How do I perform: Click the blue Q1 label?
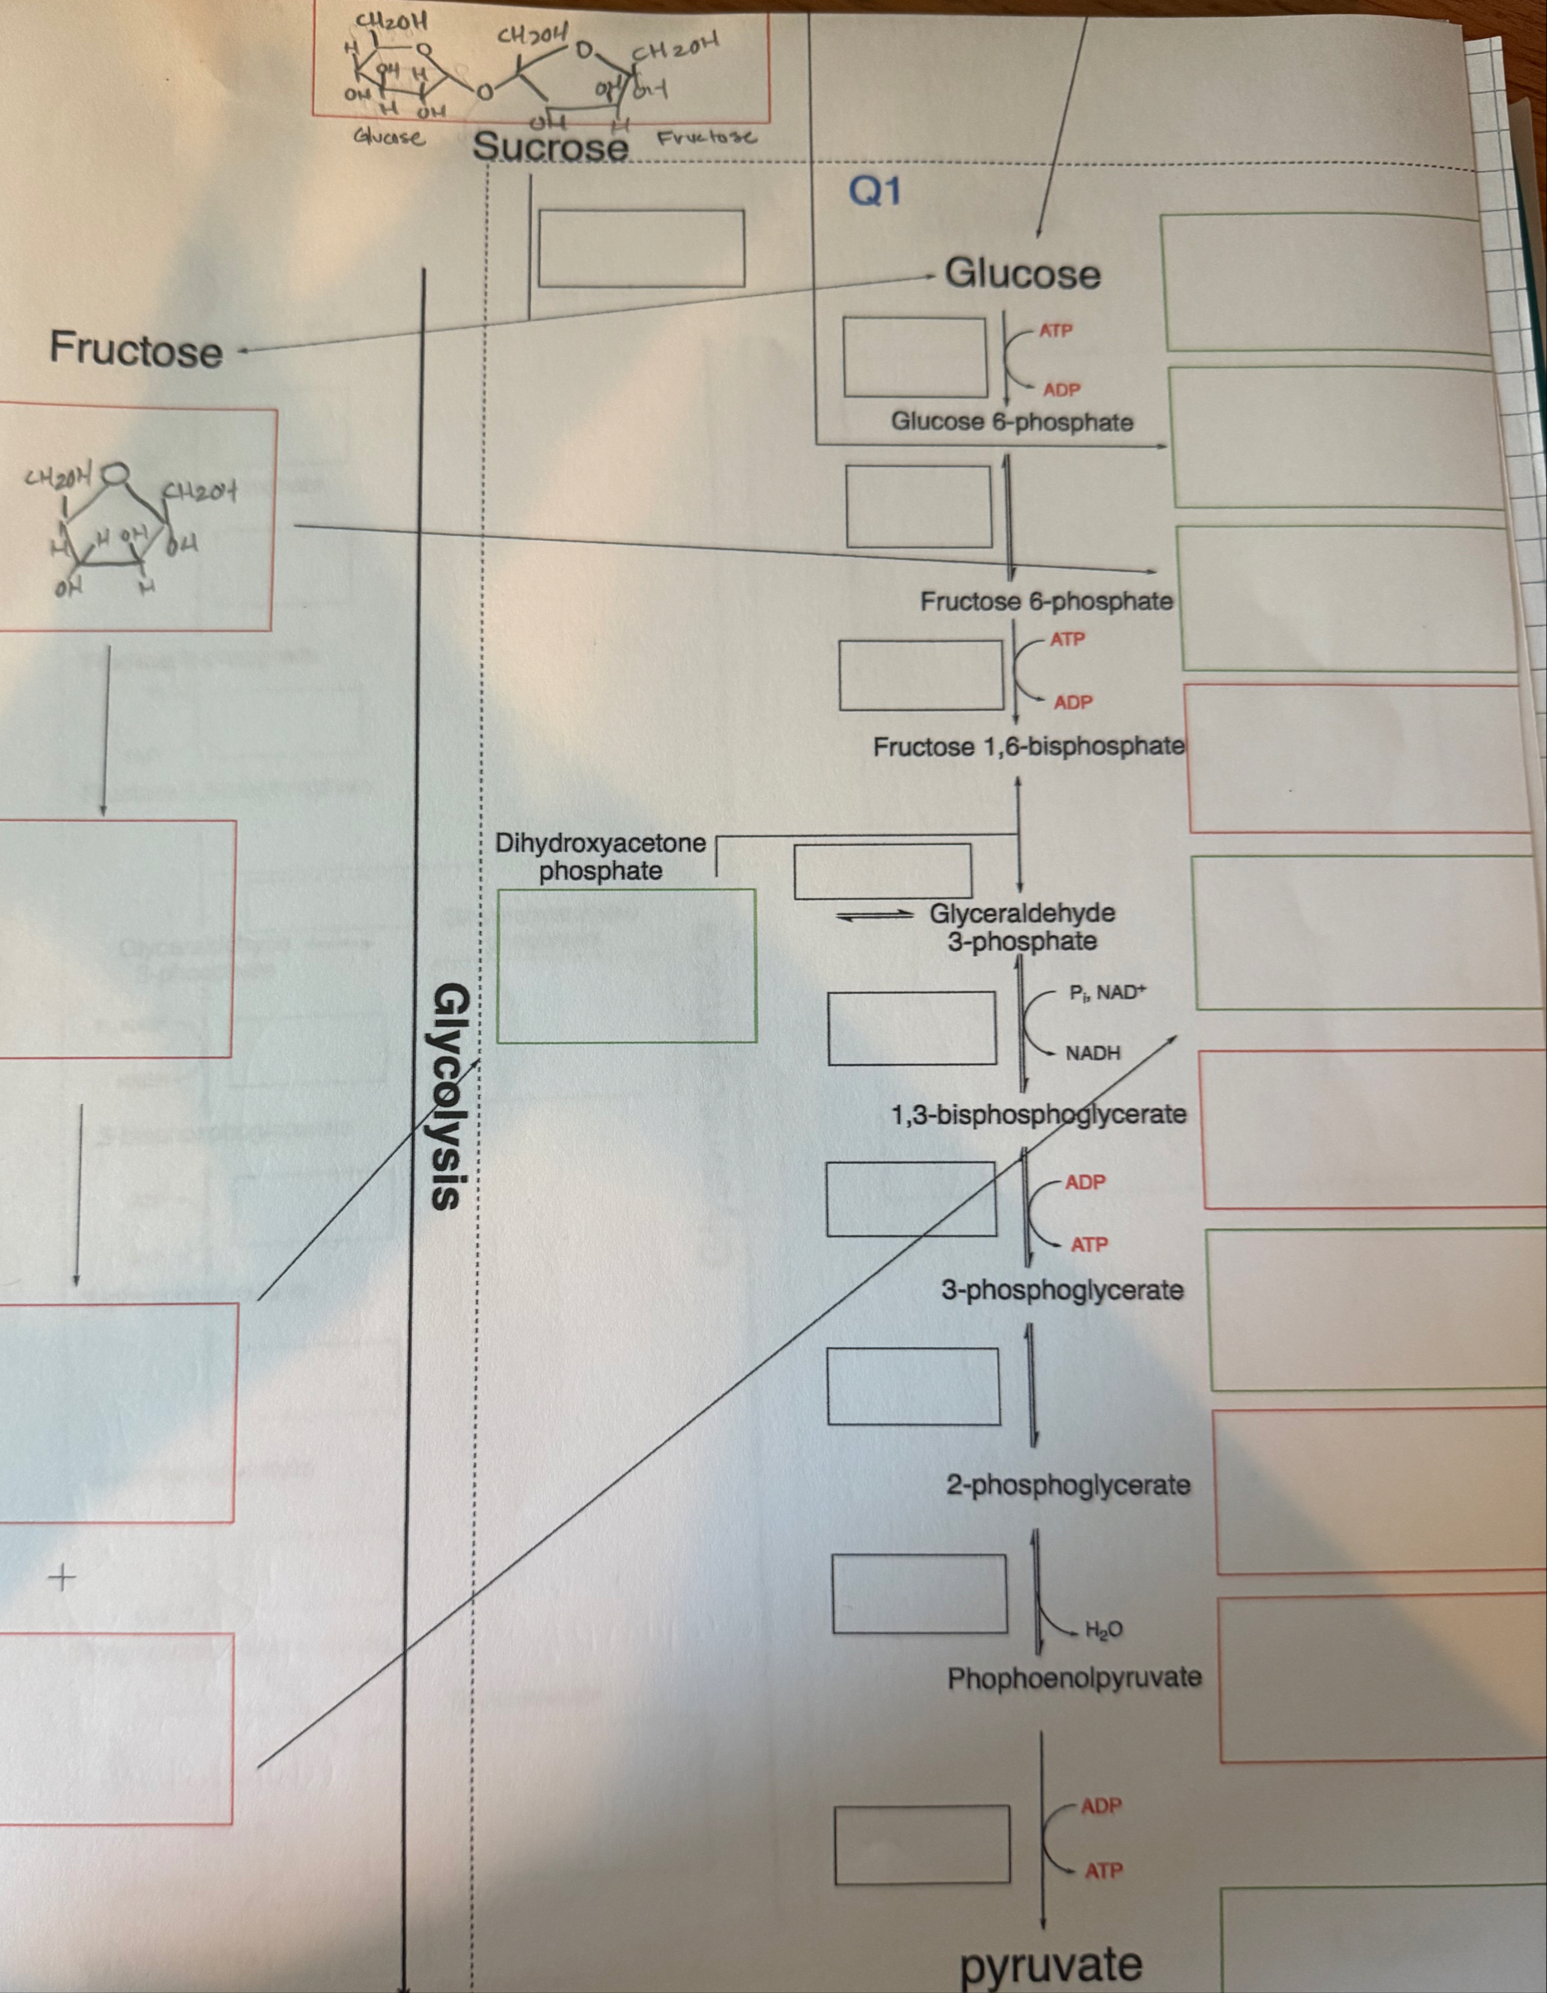(874, 192)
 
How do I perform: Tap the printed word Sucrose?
(550, 147)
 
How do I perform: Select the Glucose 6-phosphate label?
(1011, 423)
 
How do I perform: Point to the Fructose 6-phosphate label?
(1045, 601)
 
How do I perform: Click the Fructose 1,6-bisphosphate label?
(1028, 748)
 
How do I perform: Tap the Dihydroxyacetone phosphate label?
(600, 856)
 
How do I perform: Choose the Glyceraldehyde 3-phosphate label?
(1022, 927)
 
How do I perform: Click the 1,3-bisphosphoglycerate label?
(1038, 1114)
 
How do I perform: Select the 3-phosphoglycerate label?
(1061, 1290)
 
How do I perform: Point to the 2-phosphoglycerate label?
(1067, 1484)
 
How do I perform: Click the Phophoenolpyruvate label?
(1073, 1678)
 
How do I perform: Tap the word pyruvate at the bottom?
(1050, 1964)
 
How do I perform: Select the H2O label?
(1104, 1630)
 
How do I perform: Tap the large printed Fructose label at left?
(135, 351)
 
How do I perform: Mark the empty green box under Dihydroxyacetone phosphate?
(626, 965)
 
